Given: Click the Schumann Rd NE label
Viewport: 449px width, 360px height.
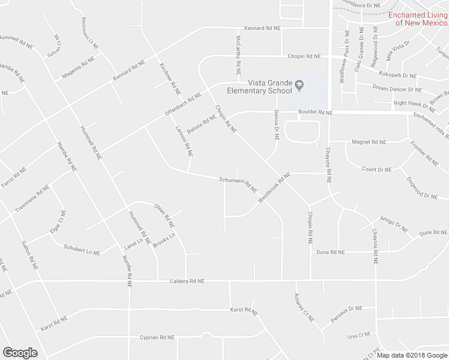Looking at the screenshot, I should (238, 182).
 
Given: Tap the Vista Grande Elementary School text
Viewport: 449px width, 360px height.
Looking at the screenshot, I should (259, 88).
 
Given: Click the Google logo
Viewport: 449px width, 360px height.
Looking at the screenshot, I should (20, 353).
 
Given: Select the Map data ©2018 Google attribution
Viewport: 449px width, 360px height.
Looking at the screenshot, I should (412, 355).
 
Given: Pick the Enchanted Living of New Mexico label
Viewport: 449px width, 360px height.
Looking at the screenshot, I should (418, 19).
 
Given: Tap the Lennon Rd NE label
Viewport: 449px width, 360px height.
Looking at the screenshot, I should (184, 142).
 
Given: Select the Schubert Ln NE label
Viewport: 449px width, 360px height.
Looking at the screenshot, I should (82, 250).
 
